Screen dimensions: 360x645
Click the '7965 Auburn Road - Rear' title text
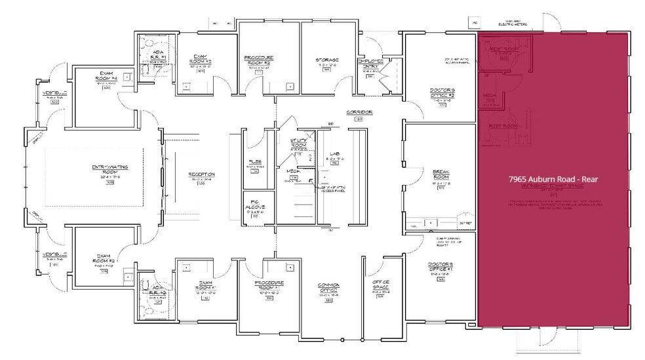pyautogui.click(x=554, y=178)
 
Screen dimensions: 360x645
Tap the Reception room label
pyautogui.click(x=202, y=174)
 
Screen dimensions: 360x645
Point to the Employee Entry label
pyautogui.click(x=370, y=64)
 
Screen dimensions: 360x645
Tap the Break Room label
pyautogui.click(x=440, y=174)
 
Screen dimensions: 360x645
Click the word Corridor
pyautogui.click(x=359, y=113)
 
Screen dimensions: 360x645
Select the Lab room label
pyautogui.click(x=334, y=155)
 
